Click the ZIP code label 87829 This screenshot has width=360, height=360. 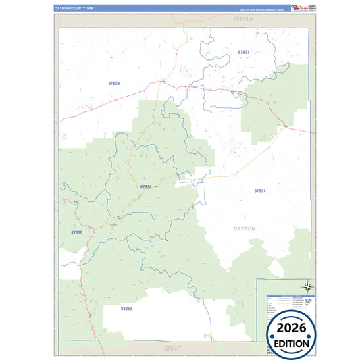click(x=113, y=84)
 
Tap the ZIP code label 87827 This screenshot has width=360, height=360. click(x=243, y=52)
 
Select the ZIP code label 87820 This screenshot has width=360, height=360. click(x=146, y=186)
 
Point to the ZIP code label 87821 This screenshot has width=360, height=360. click(x=260, y=191)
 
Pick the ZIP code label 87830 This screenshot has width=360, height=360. click(x=76, y=232)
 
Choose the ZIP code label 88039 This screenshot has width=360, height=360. click(x=126, y=308)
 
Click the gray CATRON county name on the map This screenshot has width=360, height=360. click(x=245, y=229)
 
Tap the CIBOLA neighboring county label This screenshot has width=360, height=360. click(x=243, y=19)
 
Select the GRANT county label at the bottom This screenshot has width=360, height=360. click(x=171, y=346)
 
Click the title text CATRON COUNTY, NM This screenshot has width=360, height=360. click(x=73, y=8)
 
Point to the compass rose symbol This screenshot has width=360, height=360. click(x=307, y=286)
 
